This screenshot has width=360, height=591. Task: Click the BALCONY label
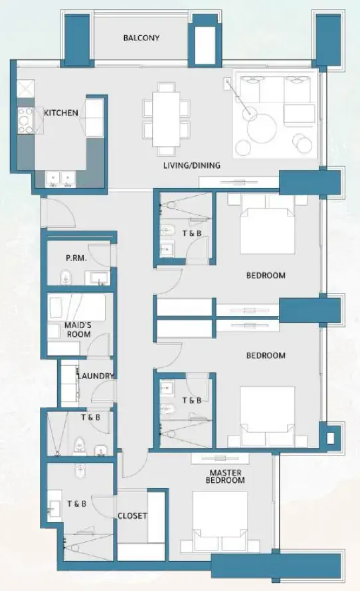(x=141, y=38)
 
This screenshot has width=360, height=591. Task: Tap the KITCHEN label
(x=61, y=113)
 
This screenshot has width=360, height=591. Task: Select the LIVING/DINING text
(x=192, y=165)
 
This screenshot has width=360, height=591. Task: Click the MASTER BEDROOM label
(x=225, y=476)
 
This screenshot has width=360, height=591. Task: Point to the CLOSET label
(x=132, y=516)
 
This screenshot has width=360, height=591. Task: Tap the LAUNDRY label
(x=96, y=376)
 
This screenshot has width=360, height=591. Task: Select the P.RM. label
(x=76, y=258)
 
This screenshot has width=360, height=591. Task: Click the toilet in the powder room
(x=64, y=277)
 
